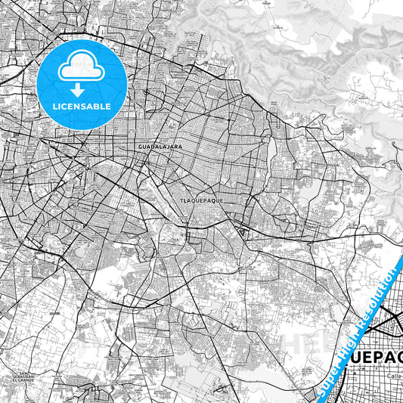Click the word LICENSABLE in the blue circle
coord(82,107)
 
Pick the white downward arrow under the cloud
coord(77,90)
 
